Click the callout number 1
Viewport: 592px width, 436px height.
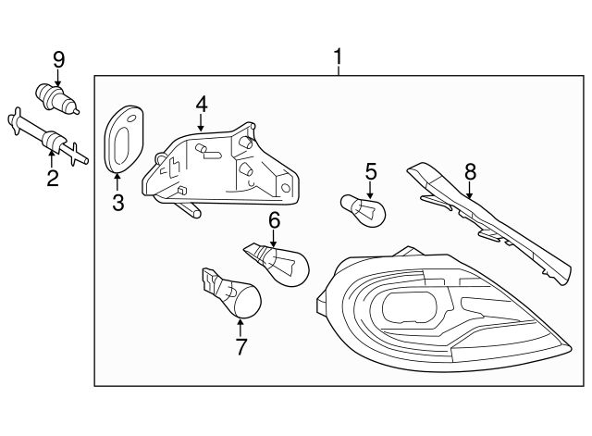338,58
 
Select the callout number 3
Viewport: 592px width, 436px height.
117,203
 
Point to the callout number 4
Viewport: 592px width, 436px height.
201,104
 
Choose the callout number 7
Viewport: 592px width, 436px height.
240,347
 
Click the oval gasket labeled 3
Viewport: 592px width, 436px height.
120,139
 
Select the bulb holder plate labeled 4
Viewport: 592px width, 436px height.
222,167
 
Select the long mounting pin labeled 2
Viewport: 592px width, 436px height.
46,139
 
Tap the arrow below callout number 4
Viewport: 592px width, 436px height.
201,121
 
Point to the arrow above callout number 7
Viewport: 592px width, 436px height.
240,327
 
